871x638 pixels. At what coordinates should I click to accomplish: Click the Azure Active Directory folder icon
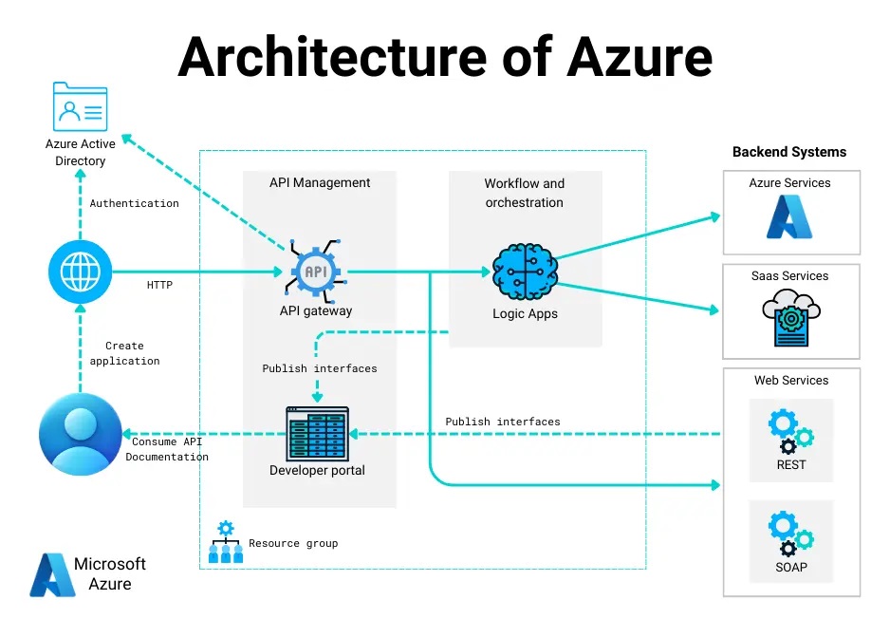(x=81, y=106)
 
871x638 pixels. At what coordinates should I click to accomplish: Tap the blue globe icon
(x=80, y=272)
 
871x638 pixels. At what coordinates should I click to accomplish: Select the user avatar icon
(x=81, y=433)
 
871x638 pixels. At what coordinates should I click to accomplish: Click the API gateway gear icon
(x=315, y=272)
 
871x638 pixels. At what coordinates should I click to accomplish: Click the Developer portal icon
(x=317, y=434)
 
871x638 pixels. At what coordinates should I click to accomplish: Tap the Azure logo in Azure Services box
(x=790, y=216)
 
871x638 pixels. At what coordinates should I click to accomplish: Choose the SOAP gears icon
(x=790, y=533)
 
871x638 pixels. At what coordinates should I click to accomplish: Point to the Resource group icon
(x=226, y=542)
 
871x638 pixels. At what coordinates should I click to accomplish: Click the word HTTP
(x=159, y=285)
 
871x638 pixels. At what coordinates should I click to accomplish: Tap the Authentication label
(x=134, y=203)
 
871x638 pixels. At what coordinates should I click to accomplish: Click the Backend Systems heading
(x=789, y=152)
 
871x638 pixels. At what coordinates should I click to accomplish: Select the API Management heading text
(x=320, y=182)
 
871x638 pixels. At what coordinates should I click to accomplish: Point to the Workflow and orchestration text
(x=525, y=193)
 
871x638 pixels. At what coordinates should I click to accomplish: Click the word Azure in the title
(x=639, y=56)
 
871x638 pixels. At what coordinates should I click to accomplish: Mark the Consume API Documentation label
(x=167, y=449)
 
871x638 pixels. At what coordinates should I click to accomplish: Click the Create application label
(x=125, y=353)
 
